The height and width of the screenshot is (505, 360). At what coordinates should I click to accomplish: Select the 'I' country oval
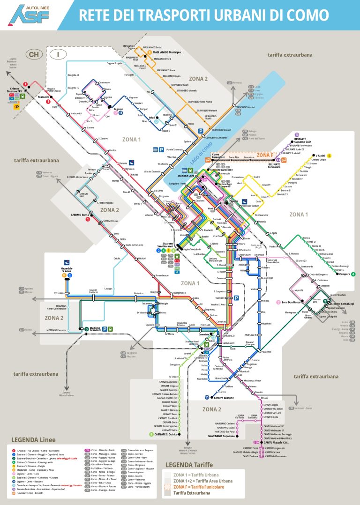[x=58, y=54]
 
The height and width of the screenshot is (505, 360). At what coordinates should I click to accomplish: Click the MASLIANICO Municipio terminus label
[x=168, y=52]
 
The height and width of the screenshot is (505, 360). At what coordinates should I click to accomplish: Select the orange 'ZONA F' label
[x=265, y=155]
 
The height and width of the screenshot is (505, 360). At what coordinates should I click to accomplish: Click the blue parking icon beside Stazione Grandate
[x=105, y=329]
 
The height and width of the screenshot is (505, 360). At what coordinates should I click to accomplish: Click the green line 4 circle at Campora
[x=353, y=274]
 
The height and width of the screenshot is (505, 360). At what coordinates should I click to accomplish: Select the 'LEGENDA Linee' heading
[x=32, y=440]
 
